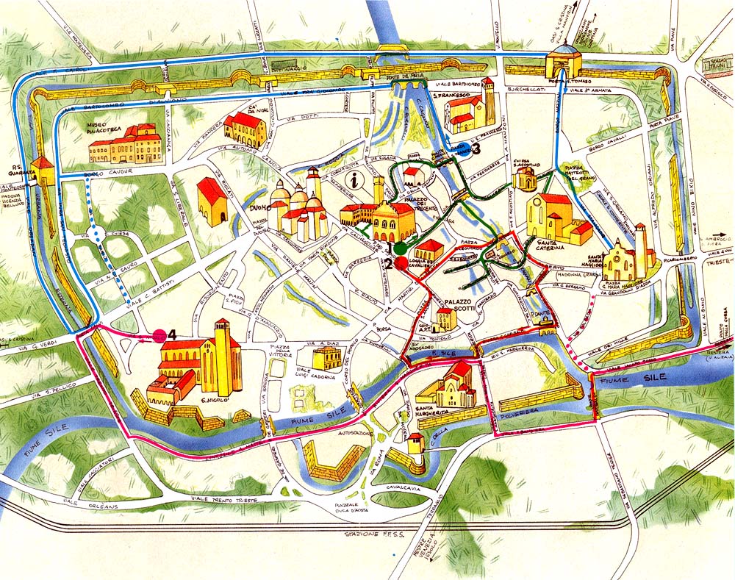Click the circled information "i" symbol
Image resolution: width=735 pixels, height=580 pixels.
(359, 179)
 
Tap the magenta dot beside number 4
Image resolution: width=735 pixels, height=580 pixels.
(159, 336)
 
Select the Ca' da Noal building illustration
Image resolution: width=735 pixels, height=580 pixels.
(245, 129)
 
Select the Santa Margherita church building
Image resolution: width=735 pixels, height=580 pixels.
(451, 387)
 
